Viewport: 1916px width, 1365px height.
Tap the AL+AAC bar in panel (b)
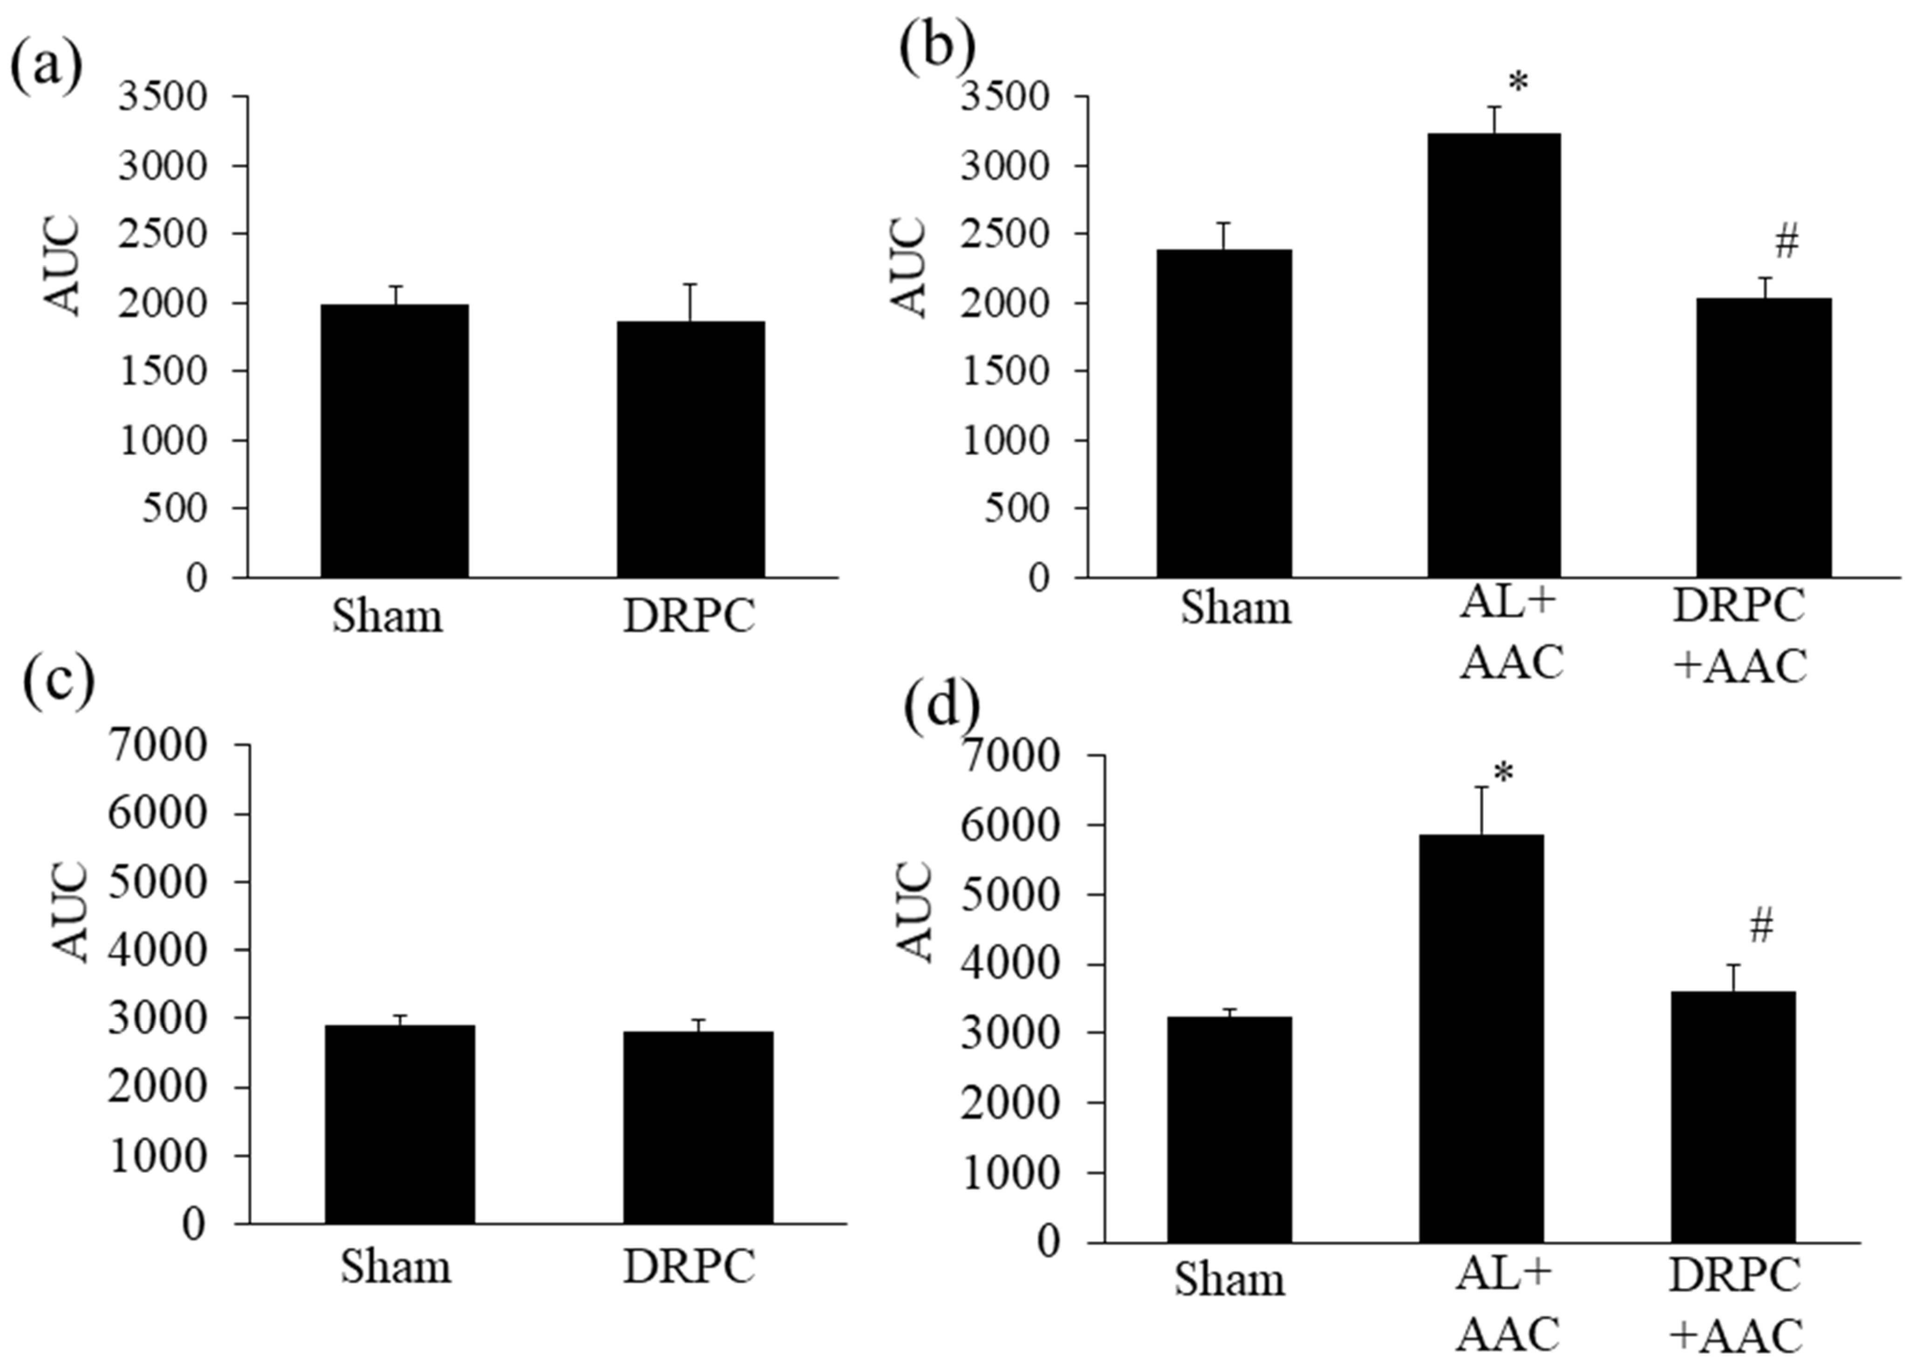1493,355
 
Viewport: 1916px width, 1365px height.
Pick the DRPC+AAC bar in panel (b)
1763,437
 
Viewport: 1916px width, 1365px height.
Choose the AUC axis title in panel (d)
914,912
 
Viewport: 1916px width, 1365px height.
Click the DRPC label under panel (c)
689,1266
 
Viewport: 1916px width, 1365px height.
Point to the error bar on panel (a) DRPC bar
691,303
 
